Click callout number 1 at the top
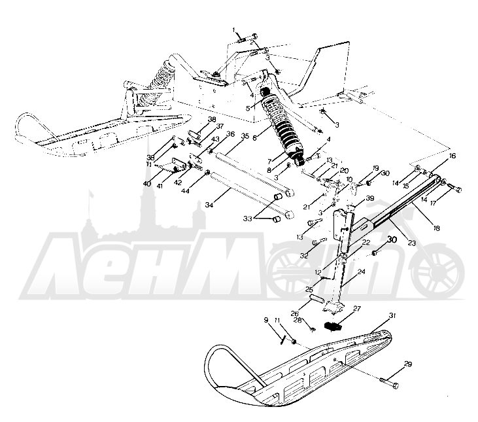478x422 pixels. click(x=233, y=30)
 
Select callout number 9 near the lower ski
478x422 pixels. click(x=266, y=319)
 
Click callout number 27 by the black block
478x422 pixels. click(x=357, y=308)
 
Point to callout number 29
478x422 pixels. click(x=407, y=364)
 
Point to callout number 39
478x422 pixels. click(x=370, y=199)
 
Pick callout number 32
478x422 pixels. click(x=304, y=255)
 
